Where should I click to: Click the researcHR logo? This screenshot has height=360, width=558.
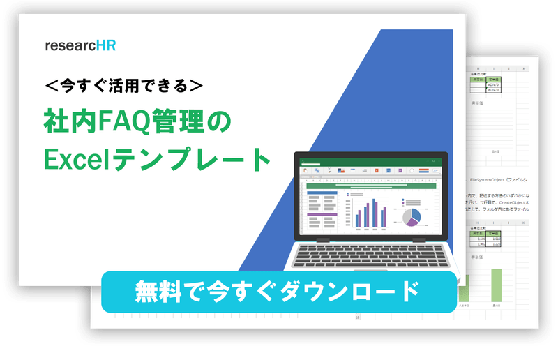pyautogui.click(x=80, y=46)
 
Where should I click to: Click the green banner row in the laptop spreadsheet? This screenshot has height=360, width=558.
pyautogui.click(x=370, y=186)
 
